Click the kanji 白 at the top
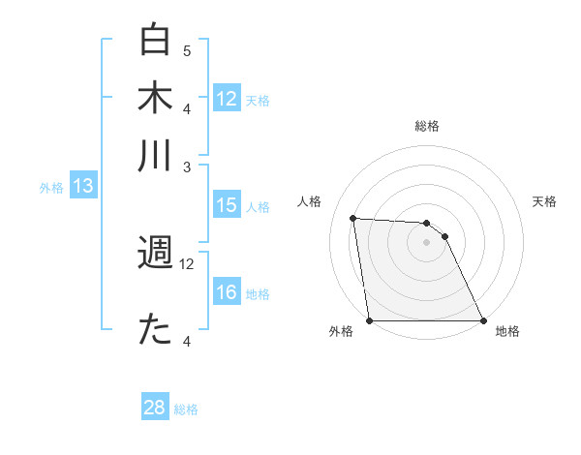coord(155,41)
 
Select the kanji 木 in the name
coord(155,97)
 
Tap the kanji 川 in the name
coord(155,155)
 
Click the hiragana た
coord(155,330)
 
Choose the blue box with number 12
coord(227,98)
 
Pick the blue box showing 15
coord(227,205)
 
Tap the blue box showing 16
coord(227,292)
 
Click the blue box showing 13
coord(82,187)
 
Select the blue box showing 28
coord(155,408)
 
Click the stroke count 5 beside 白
coord(187,50)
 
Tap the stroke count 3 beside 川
coord(187,167)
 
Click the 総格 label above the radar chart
coord(427,126)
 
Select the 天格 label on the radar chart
coord(545,201)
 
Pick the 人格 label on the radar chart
coord(310,201)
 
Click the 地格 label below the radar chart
coord(507,331)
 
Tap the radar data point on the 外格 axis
coord(370,320)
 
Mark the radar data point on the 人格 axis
coord(353,218)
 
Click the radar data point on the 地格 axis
coord(482,320)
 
